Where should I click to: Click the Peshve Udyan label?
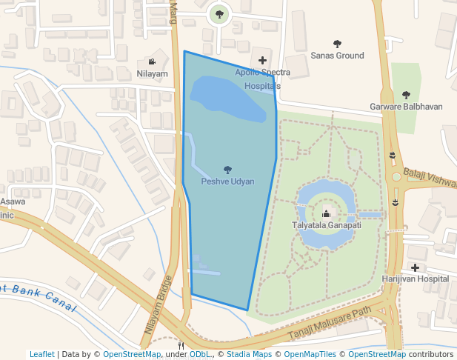(227, 181)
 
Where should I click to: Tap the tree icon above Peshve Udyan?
(227, 170)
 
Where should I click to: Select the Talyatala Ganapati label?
(326, 225)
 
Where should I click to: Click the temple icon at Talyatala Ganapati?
(326, 214)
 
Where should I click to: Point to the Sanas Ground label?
(337, 56)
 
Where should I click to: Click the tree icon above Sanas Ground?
(338, 44)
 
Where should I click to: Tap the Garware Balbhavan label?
(406, 107)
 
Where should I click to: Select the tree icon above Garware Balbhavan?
(406, 95)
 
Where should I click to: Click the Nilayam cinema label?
(152, 73)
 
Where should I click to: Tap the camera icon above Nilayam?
(152, 62)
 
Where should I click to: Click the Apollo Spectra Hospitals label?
(262, 79)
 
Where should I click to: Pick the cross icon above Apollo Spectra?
(262, 59)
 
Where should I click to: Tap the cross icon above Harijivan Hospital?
(415, 267)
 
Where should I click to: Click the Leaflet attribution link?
(42, 354)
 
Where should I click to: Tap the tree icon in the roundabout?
(218, 13)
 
